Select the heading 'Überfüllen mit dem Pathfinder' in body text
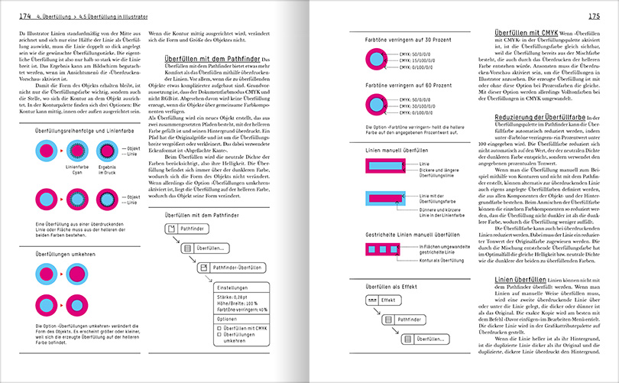[x=212, y=58]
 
